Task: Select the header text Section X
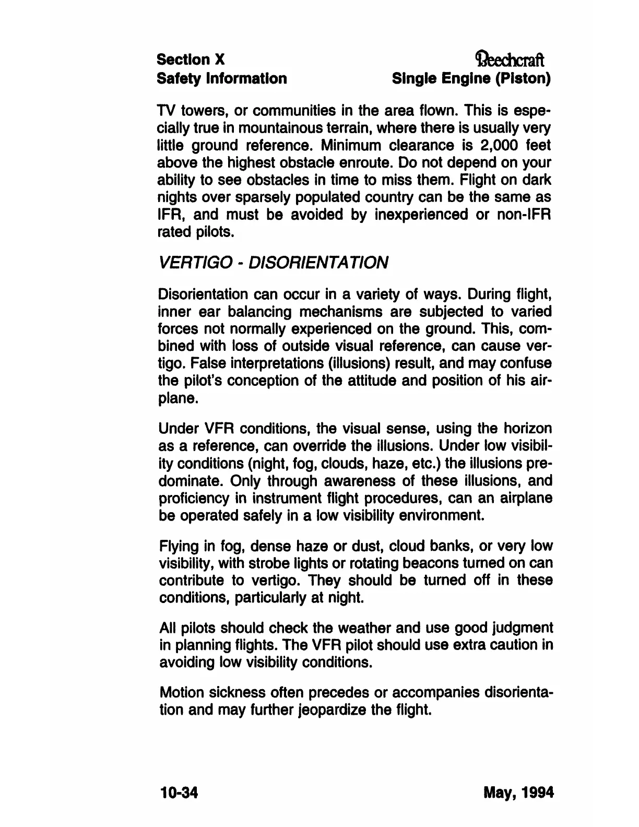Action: tap(191, 60)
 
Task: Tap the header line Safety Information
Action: tap(222, 78)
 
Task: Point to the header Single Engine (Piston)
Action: tap(472, 78)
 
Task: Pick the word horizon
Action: tap(527, 429)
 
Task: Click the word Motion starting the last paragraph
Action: tap(181, 693)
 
